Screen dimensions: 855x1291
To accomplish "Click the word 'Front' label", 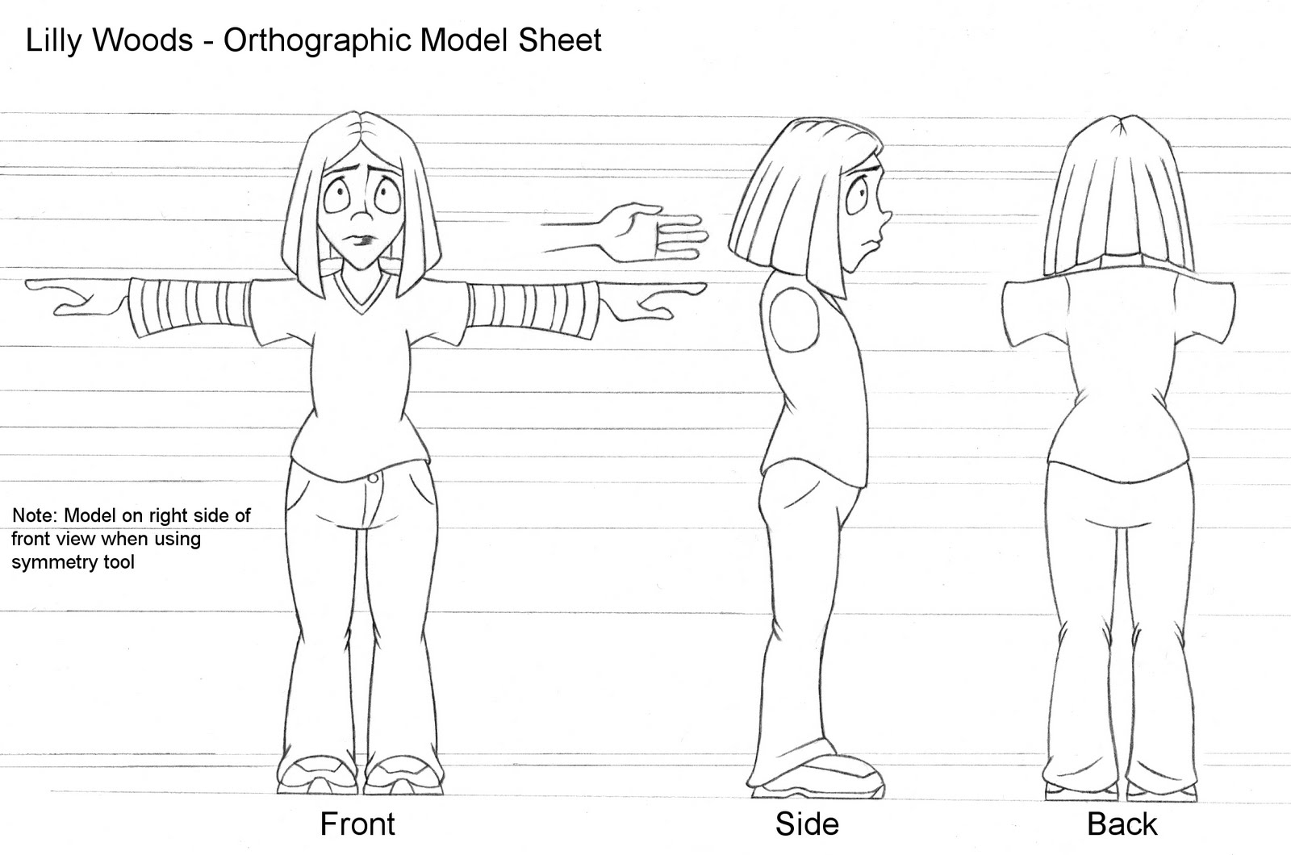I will pos(357,824).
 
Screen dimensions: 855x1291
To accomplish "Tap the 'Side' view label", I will pos(807,824).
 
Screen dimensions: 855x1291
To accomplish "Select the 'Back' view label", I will pos(1122,824).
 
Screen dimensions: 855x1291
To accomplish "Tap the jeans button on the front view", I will pos(372,478).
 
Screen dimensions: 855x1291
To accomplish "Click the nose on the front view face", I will pos(362,218).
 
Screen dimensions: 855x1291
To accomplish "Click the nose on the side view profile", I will pos(885,216).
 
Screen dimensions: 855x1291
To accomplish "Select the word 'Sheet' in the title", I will pos(560,40).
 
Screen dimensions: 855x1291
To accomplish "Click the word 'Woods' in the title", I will pos(145,40).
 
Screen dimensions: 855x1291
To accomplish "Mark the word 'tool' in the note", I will pos(119,562).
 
